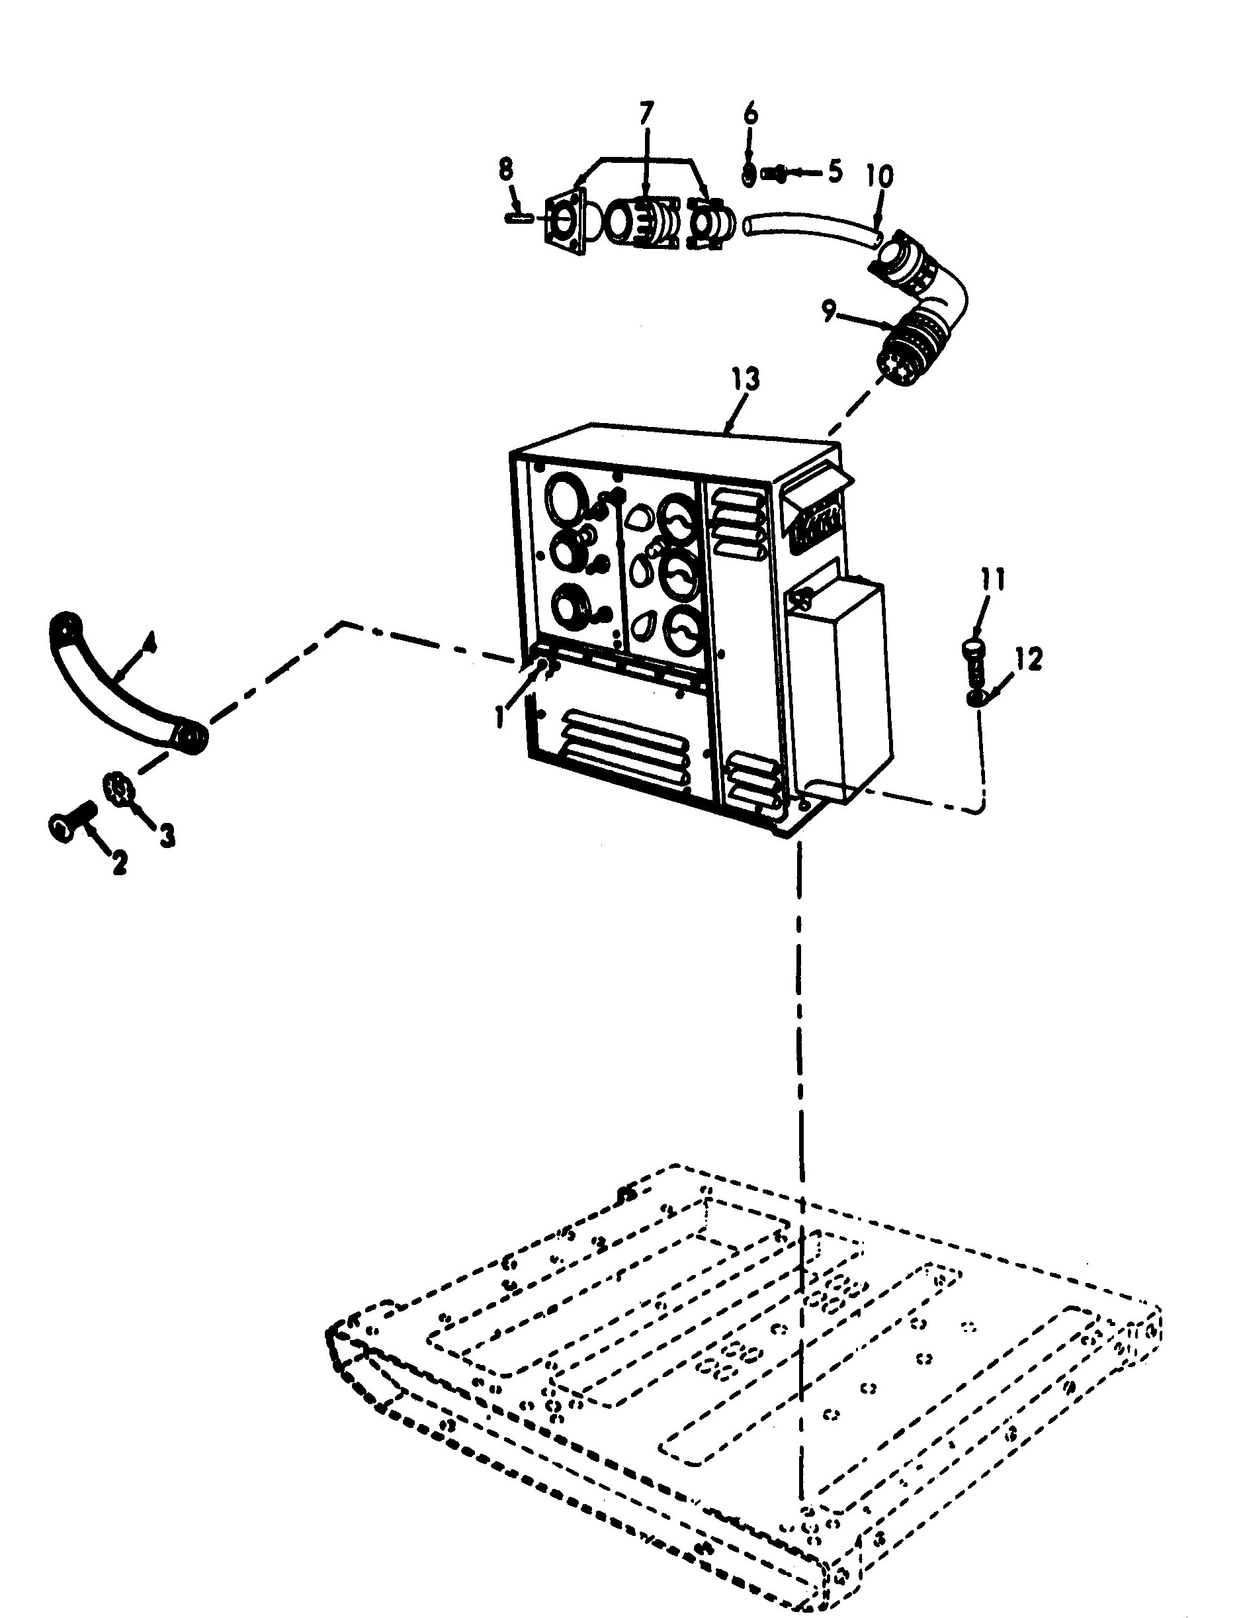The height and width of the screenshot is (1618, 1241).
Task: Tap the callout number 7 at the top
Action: [646, 114]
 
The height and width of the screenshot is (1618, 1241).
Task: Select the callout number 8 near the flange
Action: [505, 169]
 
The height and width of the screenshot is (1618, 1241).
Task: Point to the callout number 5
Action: [834, 171]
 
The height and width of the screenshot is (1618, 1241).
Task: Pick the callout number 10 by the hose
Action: [879, 176]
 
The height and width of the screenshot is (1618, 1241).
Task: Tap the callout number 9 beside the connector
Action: [830, 313]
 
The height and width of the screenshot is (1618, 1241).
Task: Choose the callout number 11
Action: [993, 580]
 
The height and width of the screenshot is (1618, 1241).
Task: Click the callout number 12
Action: [1029, 659]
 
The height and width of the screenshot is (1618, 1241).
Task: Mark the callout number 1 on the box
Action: [500, 716]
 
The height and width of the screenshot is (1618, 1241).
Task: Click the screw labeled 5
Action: [772, 173]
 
